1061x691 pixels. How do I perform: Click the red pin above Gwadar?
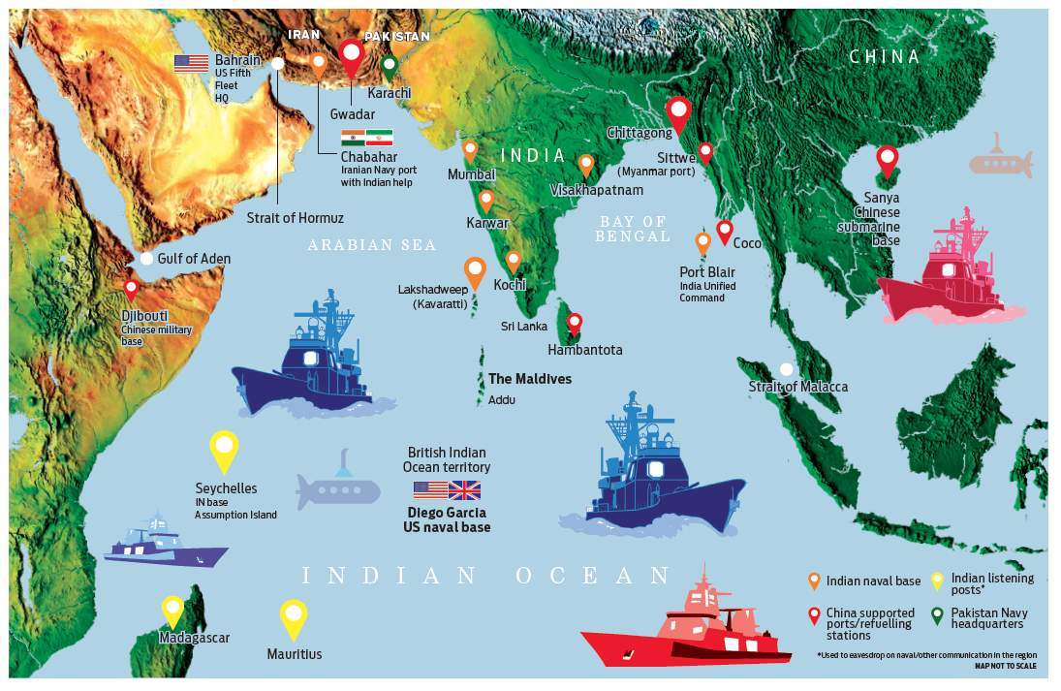352,57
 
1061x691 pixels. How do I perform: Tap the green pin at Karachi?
389,67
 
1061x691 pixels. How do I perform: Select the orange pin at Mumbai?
470,151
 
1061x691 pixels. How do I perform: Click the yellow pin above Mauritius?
294,617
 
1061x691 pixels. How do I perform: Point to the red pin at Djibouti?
131,289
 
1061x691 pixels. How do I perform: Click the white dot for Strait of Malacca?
787,369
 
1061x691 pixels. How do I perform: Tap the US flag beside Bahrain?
191,64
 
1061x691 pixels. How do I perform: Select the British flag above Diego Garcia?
465,489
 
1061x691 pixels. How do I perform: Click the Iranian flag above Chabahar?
378,138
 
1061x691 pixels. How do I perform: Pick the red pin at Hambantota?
575,323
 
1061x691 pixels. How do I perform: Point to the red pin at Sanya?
887,160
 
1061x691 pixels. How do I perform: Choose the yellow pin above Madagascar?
173,611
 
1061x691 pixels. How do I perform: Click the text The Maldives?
529,379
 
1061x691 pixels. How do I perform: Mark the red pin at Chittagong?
679,113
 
